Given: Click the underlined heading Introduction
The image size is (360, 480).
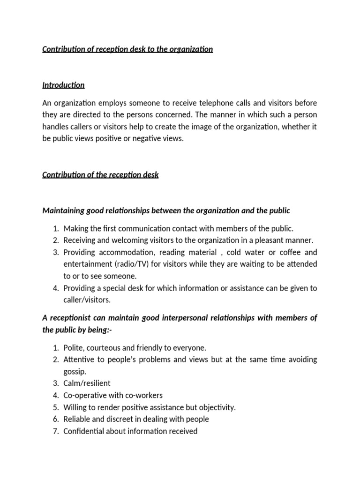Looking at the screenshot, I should (x=63, y=85).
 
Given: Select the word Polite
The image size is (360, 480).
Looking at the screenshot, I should (x=74, y=348).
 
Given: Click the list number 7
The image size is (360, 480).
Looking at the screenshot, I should (x=55, y=431).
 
